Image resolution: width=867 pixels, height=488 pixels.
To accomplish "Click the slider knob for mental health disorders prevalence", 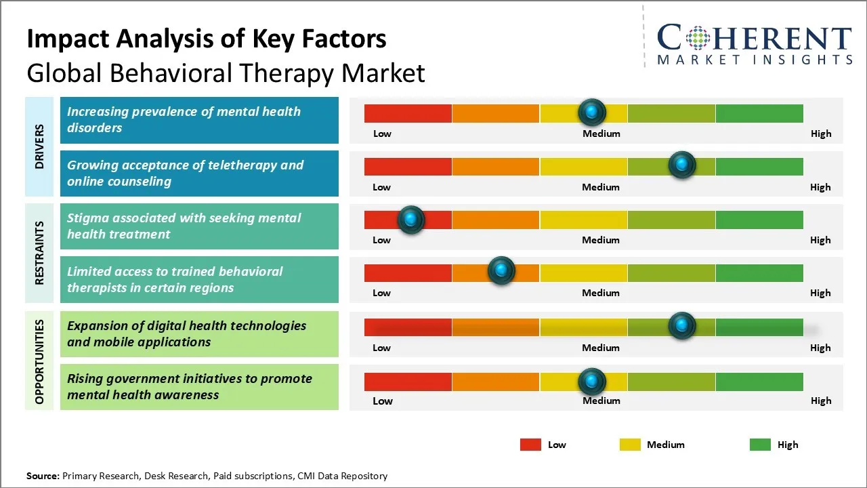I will pos(592,112).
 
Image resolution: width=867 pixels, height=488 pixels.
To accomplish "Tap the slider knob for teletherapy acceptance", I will pos(681,165).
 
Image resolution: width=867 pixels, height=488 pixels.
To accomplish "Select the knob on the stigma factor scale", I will pos(410,219).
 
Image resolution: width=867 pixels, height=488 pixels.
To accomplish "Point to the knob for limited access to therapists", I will pos(501,271).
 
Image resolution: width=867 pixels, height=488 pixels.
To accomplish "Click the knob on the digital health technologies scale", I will pos(681,326).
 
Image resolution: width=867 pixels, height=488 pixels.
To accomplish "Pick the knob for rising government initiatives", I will pos(592,382).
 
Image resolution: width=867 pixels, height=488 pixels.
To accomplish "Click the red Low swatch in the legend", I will pos(530,445).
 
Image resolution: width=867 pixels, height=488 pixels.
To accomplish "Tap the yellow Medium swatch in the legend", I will pos(630,445).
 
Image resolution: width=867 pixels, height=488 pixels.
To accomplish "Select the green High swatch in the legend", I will pos(760,445).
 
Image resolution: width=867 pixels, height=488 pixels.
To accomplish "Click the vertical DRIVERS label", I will pos(39,146).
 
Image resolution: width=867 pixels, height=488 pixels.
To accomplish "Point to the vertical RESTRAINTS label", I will pos(39,253).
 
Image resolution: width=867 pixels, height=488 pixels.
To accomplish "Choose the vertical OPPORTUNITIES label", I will pos(39,362).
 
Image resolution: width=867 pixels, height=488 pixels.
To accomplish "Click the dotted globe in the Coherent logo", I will pos(697,38).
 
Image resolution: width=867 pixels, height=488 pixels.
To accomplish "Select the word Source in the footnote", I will pos(43,476).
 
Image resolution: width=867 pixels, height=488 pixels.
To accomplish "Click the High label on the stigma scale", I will pos(820,240).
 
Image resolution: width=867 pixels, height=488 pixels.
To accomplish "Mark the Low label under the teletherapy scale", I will pos(381,187).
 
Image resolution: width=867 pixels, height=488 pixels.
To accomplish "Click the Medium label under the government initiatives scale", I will pos(601,401).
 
